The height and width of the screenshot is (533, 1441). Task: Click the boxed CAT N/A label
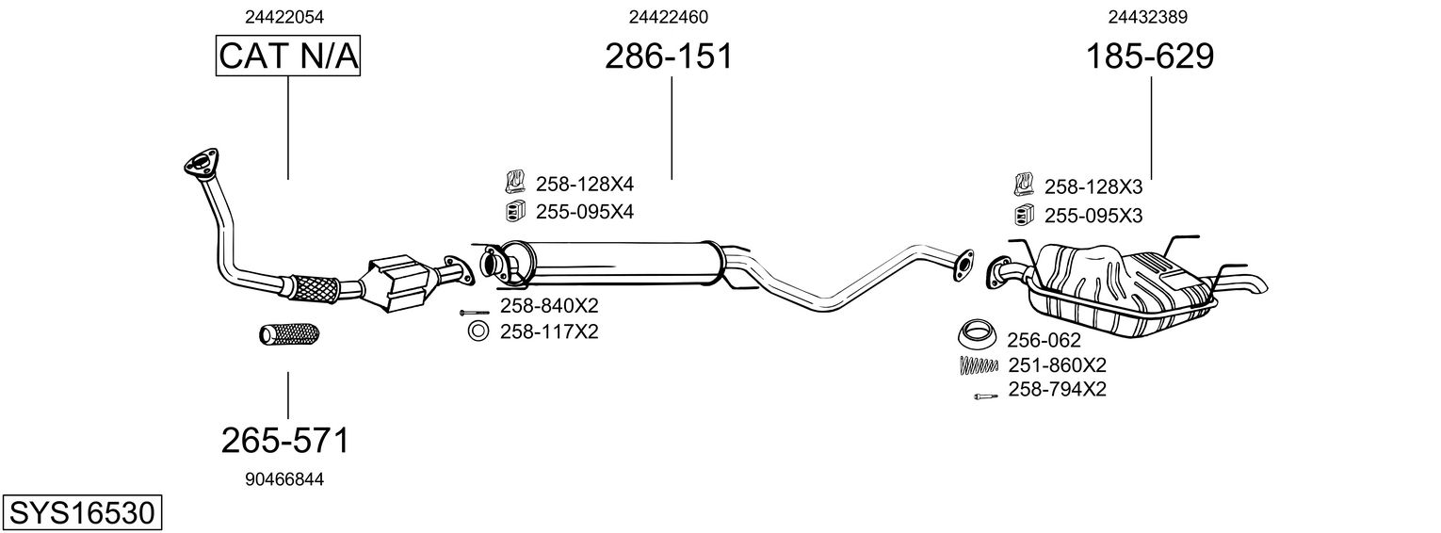coord(288,57)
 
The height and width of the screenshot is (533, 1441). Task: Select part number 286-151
coord(668,57)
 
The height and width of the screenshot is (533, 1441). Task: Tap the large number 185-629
coord(1150,57)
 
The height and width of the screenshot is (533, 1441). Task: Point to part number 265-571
coord(285,440)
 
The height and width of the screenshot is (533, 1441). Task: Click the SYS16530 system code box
coord(81,513)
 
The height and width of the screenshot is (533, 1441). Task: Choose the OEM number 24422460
coord(668,17)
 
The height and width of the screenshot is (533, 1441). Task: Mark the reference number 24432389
coord(1147,17)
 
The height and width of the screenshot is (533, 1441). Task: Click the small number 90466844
coord(284,479)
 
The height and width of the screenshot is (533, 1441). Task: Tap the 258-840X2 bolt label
coord(549,306)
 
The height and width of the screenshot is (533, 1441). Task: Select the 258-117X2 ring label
coord(549,331)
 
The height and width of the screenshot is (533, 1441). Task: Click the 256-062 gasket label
coord(1044,340)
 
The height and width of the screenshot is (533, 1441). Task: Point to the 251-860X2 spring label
coord(1057,364)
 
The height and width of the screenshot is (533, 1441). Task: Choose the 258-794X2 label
coord(1057,389)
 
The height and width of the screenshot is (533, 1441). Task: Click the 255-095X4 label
coord(584,212)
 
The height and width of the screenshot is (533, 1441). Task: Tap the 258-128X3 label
coord(1093,186)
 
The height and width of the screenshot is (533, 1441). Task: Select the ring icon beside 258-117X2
coord(478,331)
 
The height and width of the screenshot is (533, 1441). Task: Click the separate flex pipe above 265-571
coord(289,334)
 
